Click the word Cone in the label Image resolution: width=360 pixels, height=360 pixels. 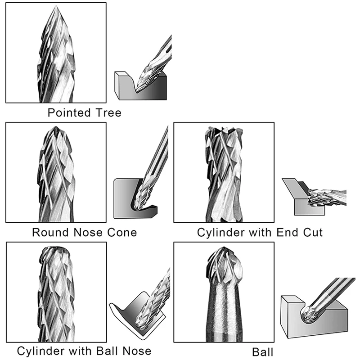tap(121, 233)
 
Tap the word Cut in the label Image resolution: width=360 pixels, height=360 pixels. tap(312, 233)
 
